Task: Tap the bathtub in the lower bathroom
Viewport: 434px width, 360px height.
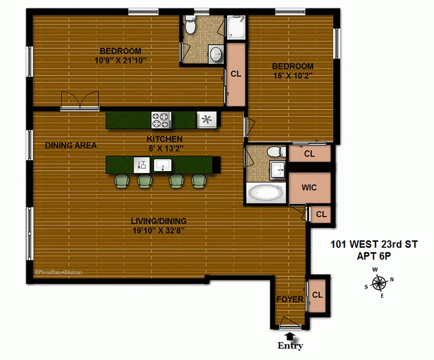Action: click(x=266, y=193)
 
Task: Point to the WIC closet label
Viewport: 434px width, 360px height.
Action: click(x=309, y=187)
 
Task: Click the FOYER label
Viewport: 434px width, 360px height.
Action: click(x=290, y=299)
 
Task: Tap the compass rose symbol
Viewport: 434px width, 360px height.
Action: click(x=380, y=283)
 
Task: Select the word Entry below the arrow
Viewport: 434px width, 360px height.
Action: click(x=290, y=346)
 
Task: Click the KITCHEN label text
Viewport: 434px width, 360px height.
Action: click(x=165, y=139)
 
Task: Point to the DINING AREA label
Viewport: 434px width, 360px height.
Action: click(x=71, y=145)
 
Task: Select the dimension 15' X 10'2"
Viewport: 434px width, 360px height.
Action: click(x=292, y=76)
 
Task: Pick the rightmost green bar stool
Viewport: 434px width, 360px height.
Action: click(x=198, y=181)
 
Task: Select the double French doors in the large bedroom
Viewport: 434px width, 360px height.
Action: click(x=80, y=99)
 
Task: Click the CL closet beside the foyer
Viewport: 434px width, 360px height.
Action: click(x=318, y=295)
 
